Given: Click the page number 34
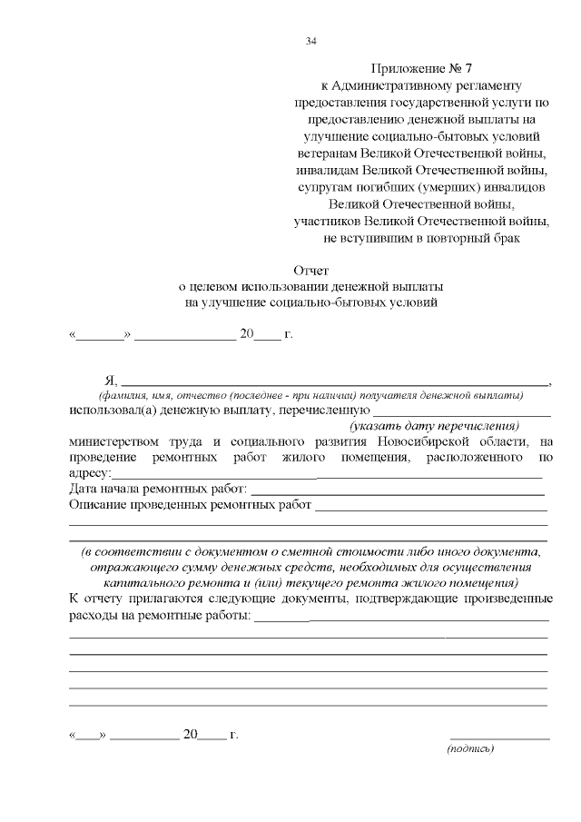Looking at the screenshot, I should coord(311,41).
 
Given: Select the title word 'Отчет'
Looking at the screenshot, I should coord(310,271).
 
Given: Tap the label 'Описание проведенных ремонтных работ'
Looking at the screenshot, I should coord(190,505).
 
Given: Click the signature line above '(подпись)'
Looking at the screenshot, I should coord(499,738).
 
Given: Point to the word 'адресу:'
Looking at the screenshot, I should coord(90,474).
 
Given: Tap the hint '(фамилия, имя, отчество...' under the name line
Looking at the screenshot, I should coord(310,396).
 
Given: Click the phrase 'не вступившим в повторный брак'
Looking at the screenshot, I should coord(422,238).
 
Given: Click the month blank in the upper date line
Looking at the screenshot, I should coord(184,337).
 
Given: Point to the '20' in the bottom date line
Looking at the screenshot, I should coord(190,735).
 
